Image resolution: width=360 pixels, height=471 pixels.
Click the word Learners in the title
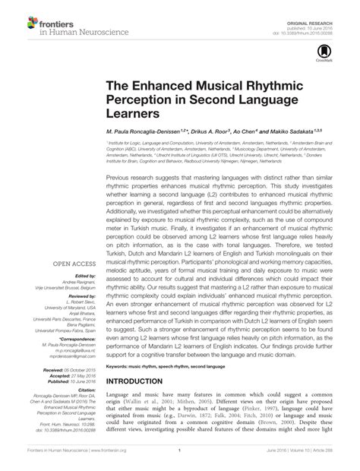[131, 114]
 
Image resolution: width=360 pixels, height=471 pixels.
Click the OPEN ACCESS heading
[73, 264]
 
